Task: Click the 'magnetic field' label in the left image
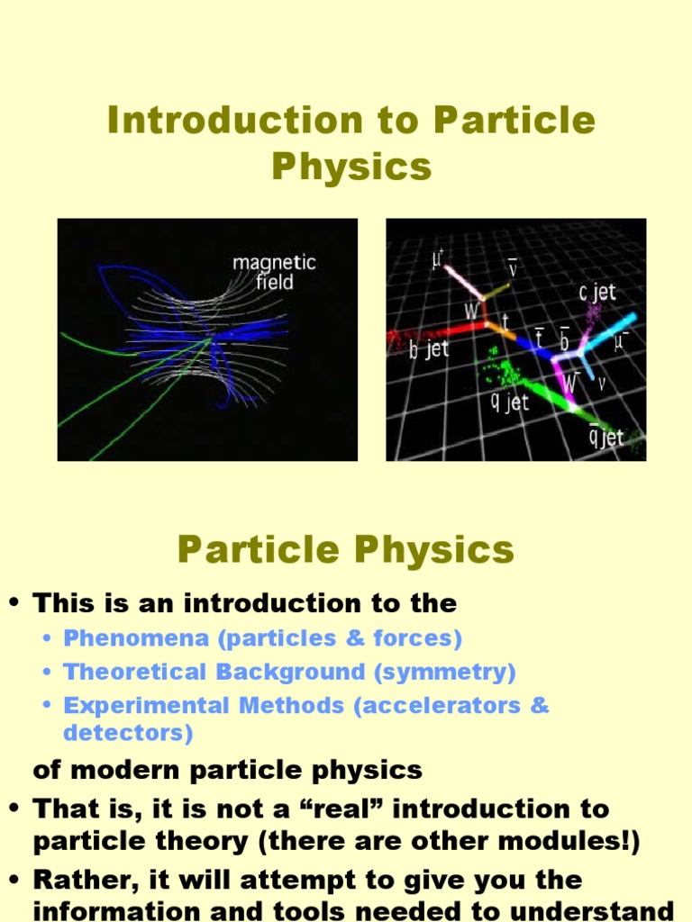274,272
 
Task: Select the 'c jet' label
597,293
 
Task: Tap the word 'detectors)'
128,733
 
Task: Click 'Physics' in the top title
351,167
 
